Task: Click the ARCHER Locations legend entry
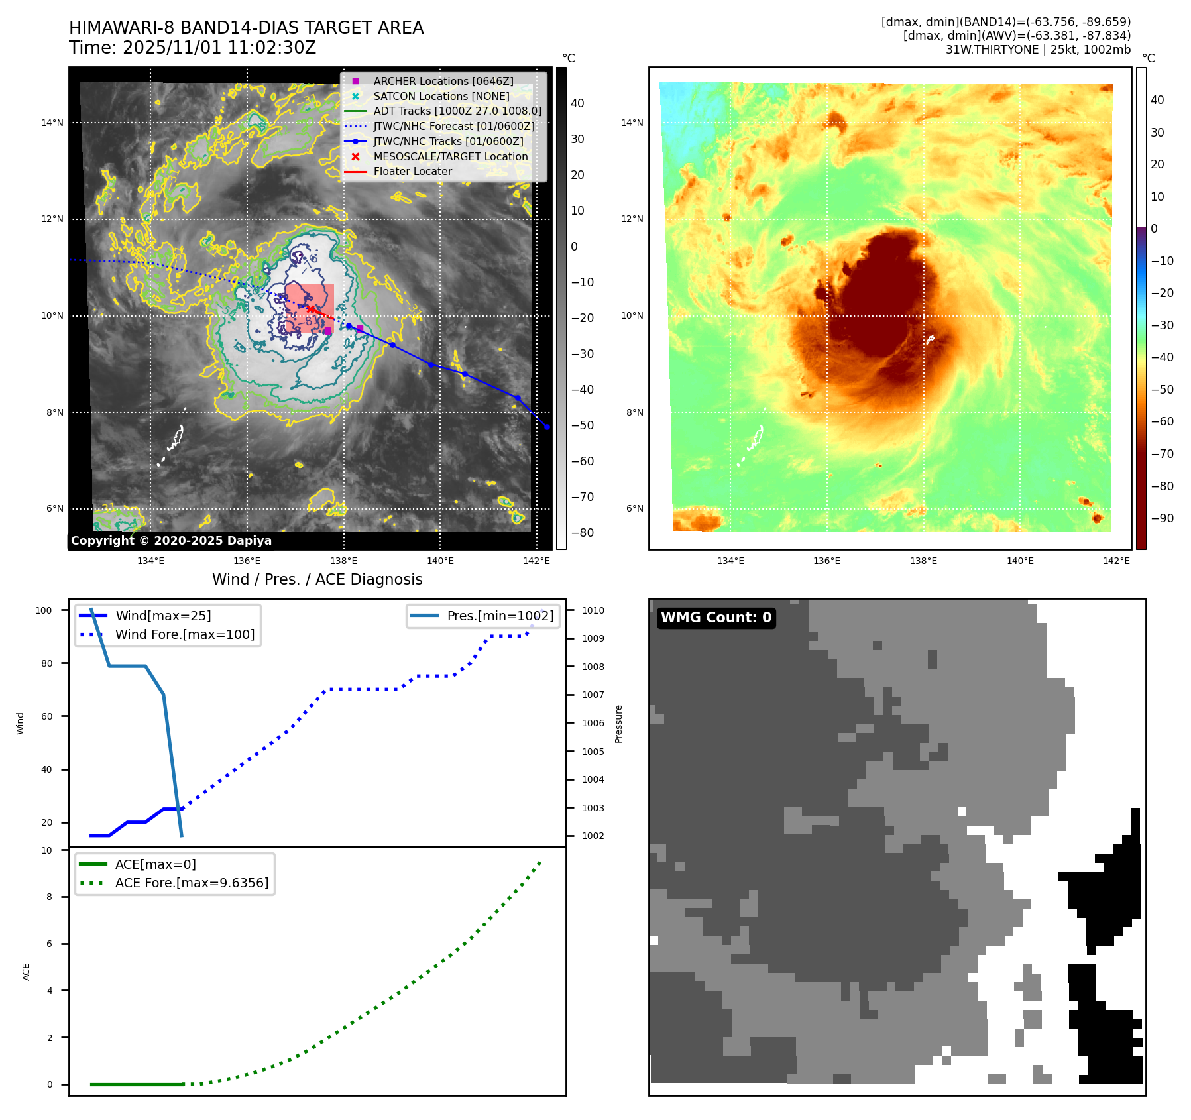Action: [443, 81]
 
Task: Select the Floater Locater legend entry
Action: [412, 171]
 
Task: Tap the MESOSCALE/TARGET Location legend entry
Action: [450, 156]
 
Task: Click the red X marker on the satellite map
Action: [310, 309]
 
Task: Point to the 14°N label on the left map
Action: [52, 123]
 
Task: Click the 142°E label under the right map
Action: [1116, 561]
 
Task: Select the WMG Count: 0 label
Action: [716, 618]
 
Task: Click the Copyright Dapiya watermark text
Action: [171, 541]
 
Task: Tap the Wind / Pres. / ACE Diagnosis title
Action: [317, 579]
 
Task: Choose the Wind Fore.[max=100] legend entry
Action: [184, 634]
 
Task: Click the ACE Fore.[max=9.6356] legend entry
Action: [192, 883]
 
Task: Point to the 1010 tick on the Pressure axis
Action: [593, 610]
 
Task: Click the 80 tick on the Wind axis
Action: [46, 663]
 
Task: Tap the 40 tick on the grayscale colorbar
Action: [577, 103]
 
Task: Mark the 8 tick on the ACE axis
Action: [49, 897]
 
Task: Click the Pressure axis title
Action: [618, 724]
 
